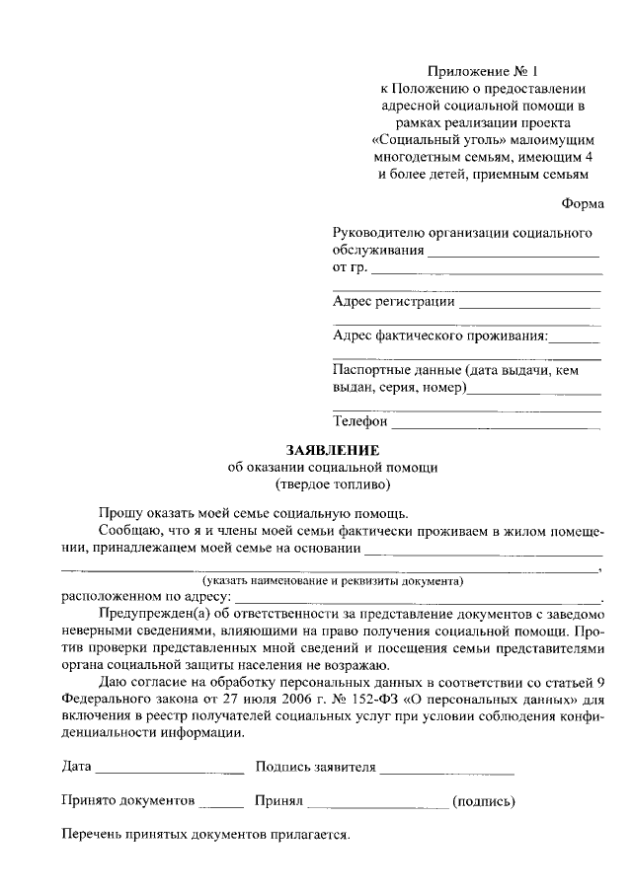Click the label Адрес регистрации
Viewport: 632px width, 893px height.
[x=394, y=302]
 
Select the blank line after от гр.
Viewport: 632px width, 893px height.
[x=487, y=272]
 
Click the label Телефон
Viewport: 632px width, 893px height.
[x=360, y=421]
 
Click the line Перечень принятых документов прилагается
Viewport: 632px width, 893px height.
[x=206, y=835]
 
